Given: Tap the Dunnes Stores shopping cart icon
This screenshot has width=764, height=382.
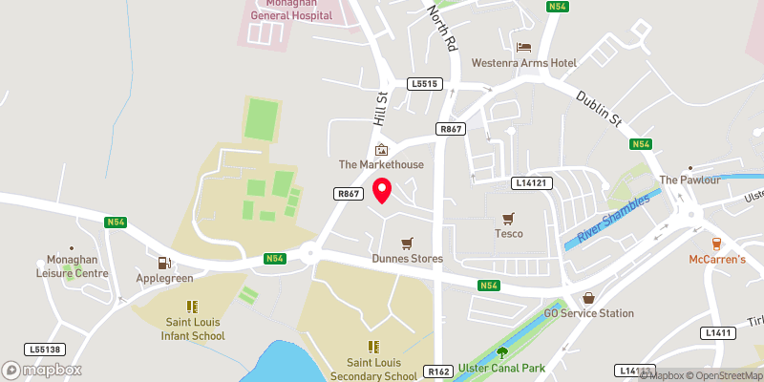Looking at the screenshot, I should coord(408,244).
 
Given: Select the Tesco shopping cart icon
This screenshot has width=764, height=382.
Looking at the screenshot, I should coord(508,219).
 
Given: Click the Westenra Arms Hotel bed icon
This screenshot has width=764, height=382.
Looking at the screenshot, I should coord(523,47).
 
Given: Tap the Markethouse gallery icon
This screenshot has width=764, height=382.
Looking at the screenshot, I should coord(382,150).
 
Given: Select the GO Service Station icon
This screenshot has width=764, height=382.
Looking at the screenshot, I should coord(588,299).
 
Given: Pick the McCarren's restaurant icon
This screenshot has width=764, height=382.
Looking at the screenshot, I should coord(716,244).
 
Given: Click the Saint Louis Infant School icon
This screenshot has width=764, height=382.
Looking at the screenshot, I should coord(191,308).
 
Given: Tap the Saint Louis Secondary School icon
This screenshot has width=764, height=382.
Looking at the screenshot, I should coord(373,347).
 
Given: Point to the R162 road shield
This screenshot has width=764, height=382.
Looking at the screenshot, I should coord(438,371).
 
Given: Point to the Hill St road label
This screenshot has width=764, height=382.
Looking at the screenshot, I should coord(378,106).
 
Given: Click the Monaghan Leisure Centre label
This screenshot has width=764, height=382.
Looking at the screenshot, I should coord(78,266).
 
